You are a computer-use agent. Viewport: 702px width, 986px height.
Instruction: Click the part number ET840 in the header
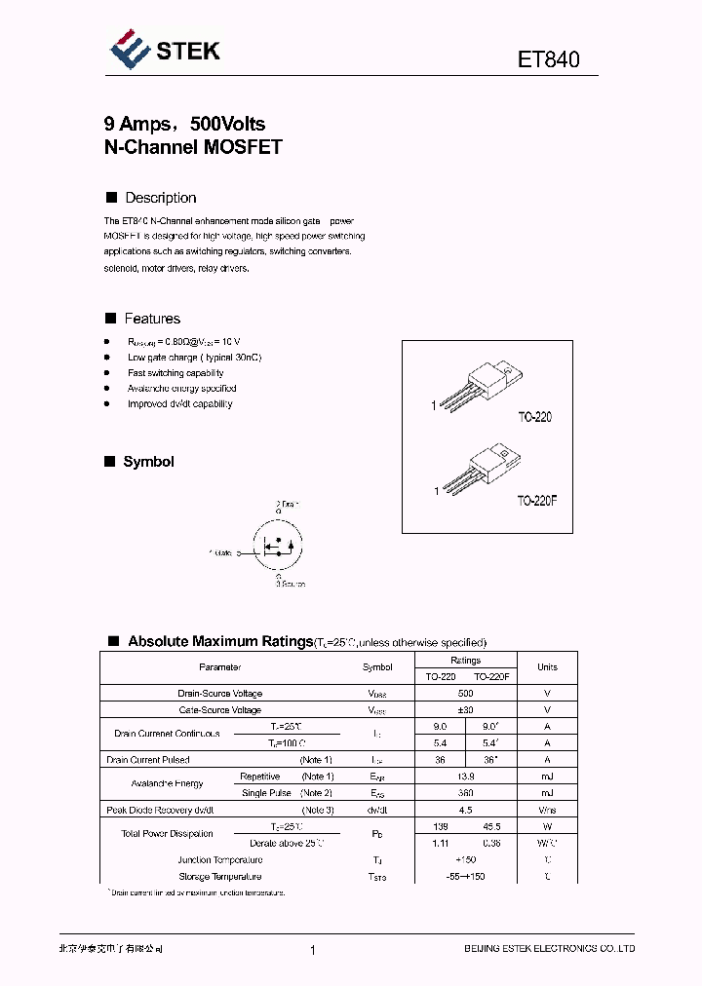[548, 59]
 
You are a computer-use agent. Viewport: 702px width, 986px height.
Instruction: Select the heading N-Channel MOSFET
[192, 148]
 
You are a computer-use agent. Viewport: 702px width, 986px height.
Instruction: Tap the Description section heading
[160, 198]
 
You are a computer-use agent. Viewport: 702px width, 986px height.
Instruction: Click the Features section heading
[152, 319]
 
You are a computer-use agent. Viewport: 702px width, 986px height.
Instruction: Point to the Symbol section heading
[148, 462]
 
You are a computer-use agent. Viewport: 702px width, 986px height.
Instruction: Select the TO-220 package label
[534, 417]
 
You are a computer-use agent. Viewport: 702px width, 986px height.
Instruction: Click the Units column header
[547, 667]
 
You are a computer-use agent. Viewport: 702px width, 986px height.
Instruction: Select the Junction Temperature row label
[219, 860]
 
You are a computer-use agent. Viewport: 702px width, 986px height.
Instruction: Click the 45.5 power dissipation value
[491, 826]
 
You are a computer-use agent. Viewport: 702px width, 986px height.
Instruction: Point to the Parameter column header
[219, 667]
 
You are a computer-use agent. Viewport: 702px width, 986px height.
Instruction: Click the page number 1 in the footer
[312, 950]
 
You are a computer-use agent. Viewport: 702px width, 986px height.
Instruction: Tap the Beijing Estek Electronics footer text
[548, 949]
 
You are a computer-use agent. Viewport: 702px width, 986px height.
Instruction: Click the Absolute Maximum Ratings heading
[220, 641]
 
